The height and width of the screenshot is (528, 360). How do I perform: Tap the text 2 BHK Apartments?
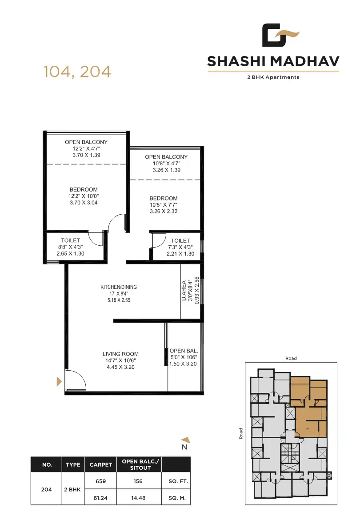pyautogui.click(x=273, y=77)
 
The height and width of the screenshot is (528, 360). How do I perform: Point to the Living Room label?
pyautogui.click(x=120, y=354)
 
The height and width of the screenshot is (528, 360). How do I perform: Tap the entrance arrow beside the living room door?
pyautogui.click(x=59, y=381)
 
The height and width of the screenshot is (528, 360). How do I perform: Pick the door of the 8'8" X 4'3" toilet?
pyautogui.click(x=96, y=238)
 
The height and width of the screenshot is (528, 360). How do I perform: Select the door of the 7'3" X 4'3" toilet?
pyautogui.click(x=158, y=240)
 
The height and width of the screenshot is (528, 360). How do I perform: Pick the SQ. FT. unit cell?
pyautogui.click(x=176, y=480)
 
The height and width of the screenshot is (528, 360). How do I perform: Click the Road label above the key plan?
pyautogui.click(x=291, y=358)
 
